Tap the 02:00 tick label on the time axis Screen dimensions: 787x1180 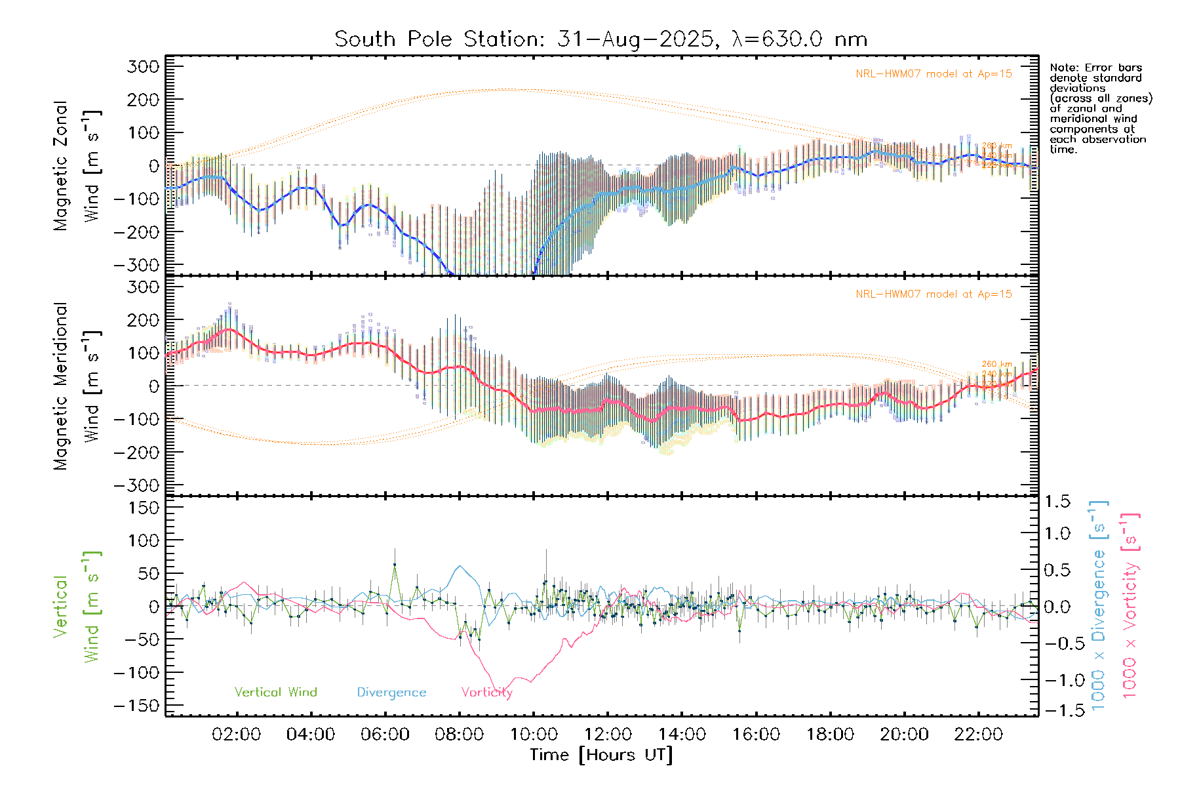point(237,735)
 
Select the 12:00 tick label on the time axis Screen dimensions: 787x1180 point(608,735)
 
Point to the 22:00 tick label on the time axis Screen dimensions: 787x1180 point(978,735)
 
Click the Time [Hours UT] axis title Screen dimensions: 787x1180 point(601,755)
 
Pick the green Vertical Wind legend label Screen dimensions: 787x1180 point(275,693)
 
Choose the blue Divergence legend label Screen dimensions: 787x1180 point(391,693)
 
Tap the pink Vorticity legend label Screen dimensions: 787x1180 point(486,693)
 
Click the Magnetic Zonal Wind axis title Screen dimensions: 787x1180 point(77,165)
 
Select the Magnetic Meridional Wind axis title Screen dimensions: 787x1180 point(77,386)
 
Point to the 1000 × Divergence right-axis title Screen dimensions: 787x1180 point(1099,606)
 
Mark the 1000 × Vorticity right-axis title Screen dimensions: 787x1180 point(1130,606)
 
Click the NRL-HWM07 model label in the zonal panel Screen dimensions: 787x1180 point(934,74)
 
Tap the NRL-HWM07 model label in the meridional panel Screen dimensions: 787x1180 point(934,294)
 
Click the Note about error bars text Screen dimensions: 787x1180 point(1100,108)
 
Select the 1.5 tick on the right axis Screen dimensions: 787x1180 point(1057,502)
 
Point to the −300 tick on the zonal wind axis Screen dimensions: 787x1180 point(136,265)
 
